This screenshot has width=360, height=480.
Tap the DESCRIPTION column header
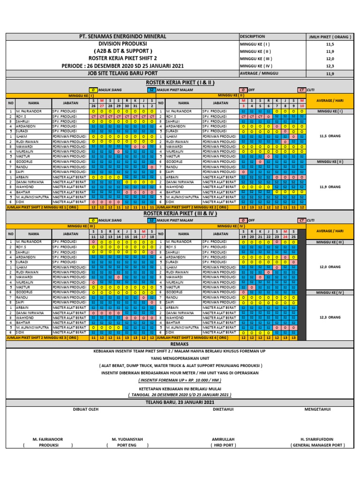pos(253,37)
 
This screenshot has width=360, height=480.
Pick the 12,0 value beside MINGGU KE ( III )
pos(330,59)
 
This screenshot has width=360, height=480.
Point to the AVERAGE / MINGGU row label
pos(259,73)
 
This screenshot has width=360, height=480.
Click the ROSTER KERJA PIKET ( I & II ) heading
pos(180,82)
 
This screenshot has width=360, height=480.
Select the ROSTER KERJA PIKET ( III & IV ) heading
pos(180,213)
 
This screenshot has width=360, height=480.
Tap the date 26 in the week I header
pos(94,105)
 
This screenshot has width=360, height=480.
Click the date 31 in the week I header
pos(135,105)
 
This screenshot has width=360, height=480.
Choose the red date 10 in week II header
pos(302,105)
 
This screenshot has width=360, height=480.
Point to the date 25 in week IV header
pos(293,237)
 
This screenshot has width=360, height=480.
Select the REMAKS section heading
pos(180,344)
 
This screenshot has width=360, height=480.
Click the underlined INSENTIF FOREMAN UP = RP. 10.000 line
pos(180,380)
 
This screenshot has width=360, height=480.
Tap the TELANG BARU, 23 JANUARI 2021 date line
pos(180,402)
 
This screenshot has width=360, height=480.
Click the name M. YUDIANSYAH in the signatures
pos(127,439)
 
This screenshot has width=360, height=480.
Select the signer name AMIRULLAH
pos(223,439)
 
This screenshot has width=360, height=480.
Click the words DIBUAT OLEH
pos(86,409)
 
